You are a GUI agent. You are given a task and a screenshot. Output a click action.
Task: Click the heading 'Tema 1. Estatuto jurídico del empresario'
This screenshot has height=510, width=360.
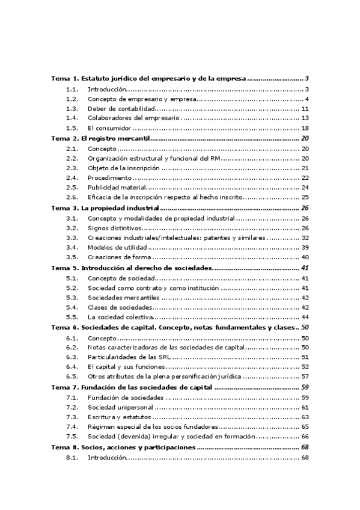click(148, 79)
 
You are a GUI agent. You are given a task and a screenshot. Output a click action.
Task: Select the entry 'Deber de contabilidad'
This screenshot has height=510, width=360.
click(121, 108)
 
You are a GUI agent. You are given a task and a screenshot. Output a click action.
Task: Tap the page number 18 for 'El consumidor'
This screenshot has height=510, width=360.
click(305, 128)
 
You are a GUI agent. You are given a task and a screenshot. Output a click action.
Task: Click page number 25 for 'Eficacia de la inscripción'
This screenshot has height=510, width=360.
click(305, 197)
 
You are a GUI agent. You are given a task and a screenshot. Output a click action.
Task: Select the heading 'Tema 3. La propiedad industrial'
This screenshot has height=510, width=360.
click(105, 207)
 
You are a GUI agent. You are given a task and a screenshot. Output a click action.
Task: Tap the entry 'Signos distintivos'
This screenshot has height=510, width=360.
click(115, 227)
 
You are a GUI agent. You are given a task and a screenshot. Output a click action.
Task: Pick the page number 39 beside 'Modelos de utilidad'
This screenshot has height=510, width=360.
click(305, 247)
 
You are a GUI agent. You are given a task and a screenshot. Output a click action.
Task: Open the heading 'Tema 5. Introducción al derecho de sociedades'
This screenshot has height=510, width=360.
click(132, 268)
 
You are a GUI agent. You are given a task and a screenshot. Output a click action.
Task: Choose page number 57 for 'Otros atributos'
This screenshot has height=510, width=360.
click(305, 376)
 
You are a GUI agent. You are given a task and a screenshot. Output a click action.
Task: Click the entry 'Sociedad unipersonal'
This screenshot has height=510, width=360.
click(122, 407)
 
